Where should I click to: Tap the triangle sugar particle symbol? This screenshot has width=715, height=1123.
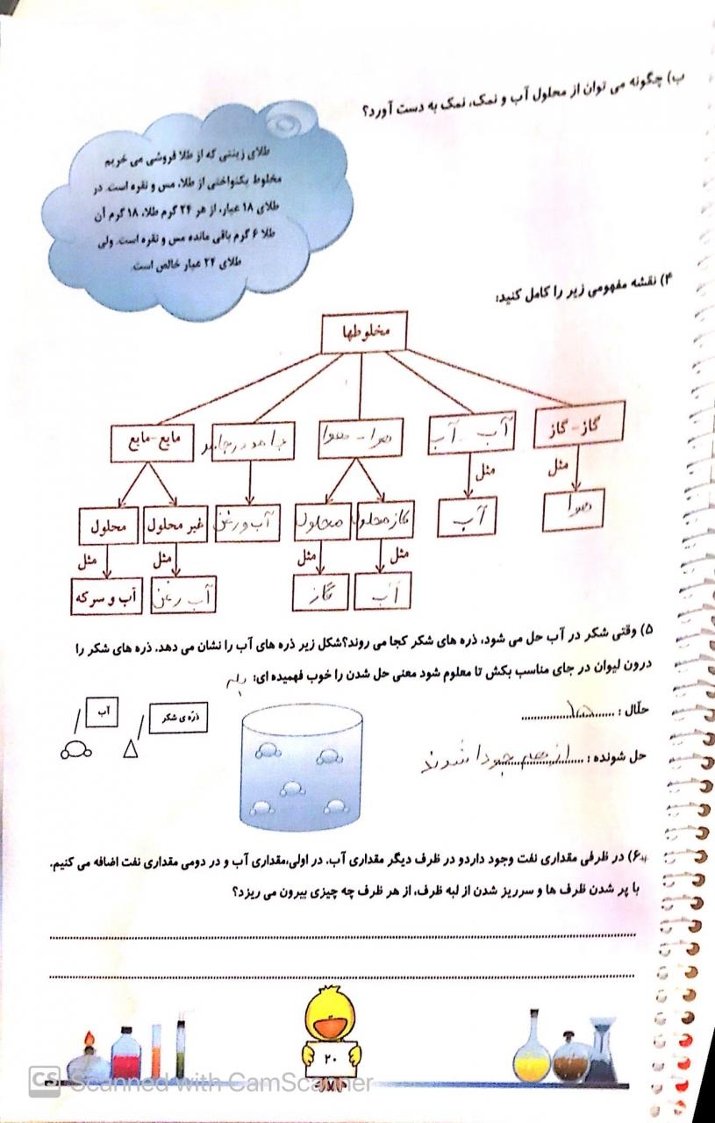pos(131,748)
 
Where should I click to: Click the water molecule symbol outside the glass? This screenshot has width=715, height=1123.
pos(75,749)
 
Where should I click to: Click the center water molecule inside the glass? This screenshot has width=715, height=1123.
pos(290,787)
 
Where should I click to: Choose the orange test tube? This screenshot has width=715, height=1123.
pos(158,1054)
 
